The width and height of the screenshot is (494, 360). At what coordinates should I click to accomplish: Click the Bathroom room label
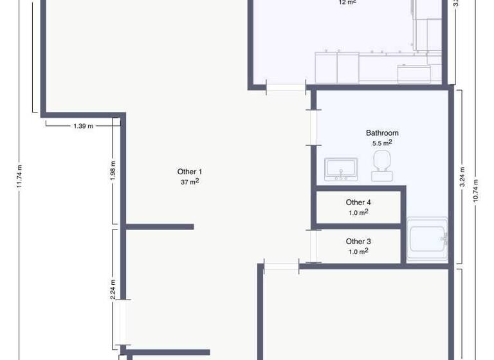tap(382, 133)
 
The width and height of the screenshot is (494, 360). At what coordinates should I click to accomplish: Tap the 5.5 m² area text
tap(382, 143)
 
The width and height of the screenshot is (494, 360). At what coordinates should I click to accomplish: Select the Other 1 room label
tap(190, 172)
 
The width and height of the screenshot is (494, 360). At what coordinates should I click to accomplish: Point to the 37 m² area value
tap(190, 182)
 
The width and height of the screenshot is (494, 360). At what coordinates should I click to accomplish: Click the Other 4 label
tap(358, 203)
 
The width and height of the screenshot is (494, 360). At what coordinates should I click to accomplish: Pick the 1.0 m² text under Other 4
tap(358, 212)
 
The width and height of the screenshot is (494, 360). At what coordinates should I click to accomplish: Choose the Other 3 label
tap(358, 242)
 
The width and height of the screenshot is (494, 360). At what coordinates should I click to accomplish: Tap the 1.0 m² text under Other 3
tap(358, 251)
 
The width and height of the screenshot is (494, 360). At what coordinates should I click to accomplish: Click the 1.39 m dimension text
tap(83, 126)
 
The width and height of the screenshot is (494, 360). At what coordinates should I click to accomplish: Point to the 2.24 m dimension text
tap(113, 289)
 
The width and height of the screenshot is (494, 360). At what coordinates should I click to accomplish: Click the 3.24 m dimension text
tap(462, 177)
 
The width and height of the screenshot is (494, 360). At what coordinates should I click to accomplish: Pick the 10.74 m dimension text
tap(476, 190)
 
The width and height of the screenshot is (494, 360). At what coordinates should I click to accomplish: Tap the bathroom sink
tap(340, 168)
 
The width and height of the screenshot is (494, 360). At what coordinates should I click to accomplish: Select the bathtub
tap(427, 239)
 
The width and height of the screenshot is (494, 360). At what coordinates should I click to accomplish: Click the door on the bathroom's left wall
tap(312, 127)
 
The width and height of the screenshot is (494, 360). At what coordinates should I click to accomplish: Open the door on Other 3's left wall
tap(313, 246)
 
